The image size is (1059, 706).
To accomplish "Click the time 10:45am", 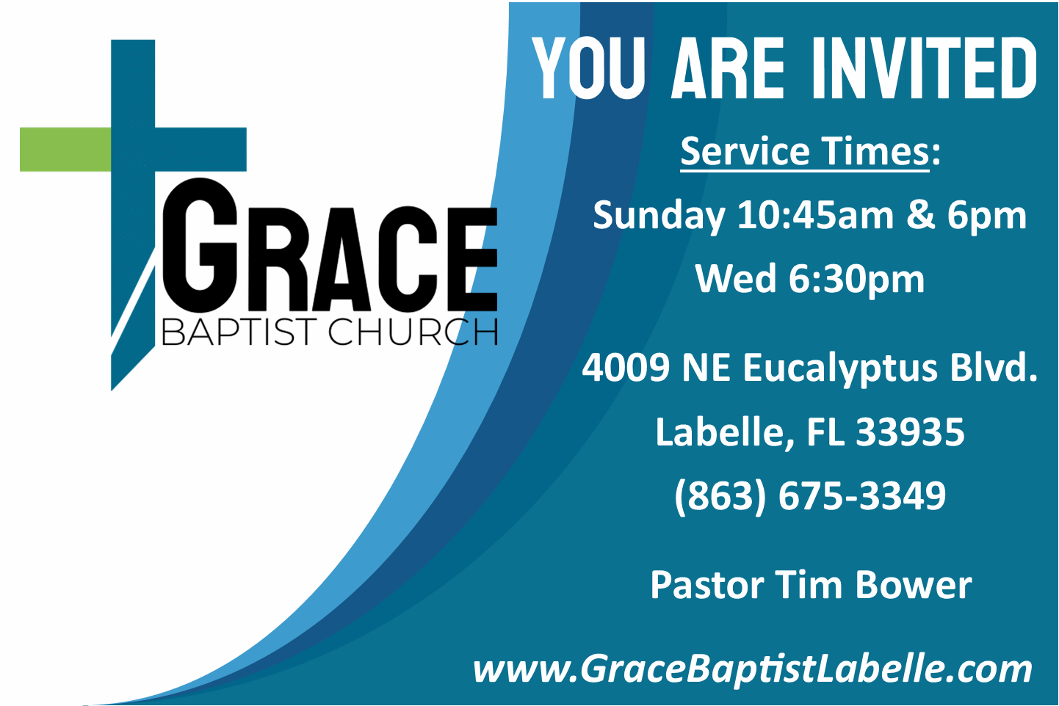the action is pos(815,215).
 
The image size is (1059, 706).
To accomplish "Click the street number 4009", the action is pos(626,367).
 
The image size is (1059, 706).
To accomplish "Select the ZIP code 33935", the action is pos(910,432).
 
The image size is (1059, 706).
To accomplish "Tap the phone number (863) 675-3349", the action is pos(810,497).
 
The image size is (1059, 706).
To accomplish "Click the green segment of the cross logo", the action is pos(65,149).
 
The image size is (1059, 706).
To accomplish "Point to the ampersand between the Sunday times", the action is pos(920,216).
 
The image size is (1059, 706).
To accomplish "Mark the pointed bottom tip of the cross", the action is pos(112,390).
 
